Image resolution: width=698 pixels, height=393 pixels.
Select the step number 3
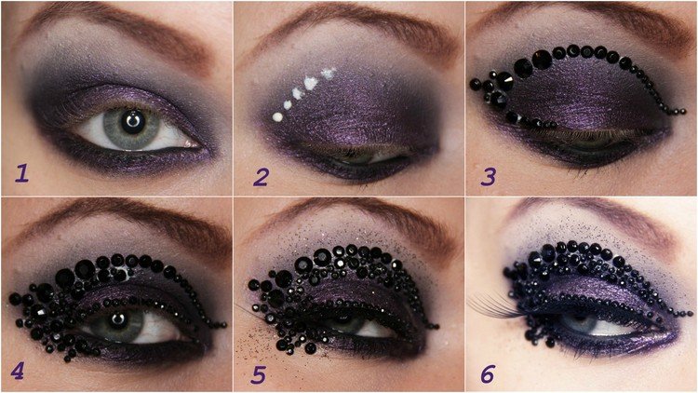(488, 174)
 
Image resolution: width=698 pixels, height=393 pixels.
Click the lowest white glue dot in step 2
(277, 117)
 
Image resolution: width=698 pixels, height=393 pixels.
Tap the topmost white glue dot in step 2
(328, 72)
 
